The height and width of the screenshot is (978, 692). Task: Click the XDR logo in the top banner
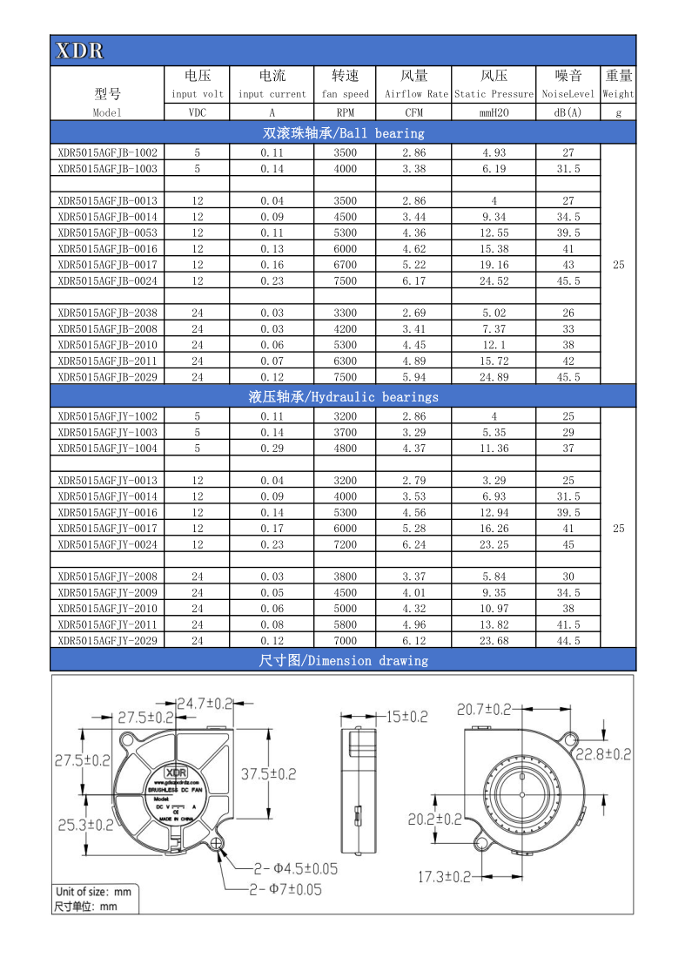[80, 51]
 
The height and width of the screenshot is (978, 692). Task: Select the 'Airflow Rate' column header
[413, 94]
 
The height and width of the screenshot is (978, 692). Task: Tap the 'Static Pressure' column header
[494, 94]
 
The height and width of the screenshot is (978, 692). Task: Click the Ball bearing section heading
[343, 133]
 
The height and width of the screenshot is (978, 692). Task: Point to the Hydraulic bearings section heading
[343, 396]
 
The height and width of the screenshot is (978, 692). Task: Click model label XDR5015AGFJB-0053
[108, 233]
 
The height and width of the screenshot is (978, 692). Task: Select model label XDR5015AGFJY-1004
[108, 449]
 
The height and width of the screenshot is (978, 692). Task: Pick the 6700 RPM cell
[345, 265]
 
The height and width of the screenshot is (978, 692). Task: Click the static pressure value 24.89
[494, 377]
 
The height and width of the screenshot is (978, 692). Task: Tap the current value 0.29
[272, 449]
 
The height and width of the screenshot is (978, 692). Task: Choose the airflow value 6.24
[413, 544]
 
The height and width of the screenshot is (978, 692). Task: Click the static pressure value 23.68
[494, 640]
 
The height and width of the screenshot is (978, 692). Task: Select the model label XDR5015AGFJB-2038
[108, 313]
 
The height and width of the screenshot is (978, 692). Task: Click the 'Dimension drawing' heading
[343, 660]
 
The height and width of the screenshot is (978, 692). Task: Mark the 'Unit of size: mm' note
[93, 892]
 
